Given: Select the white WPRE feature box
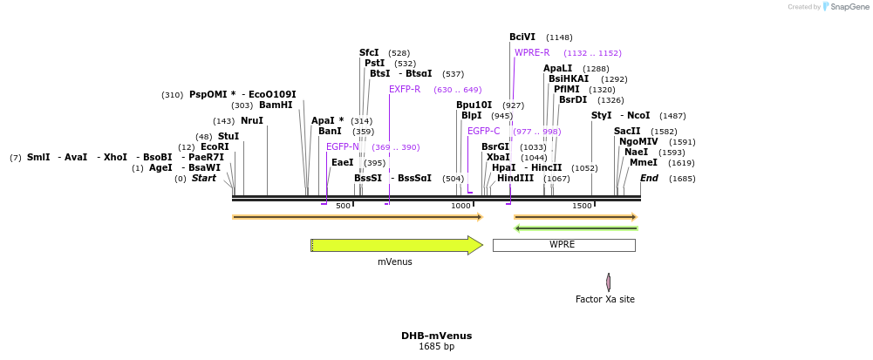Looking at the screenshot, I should coord(563,245).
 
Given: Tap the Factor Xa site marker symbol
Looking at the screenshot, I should coord(609,282).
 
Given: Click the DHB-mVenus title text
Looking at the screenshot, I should coord(436,336).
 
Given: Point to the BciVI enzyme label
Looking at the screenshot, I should coord(522,37).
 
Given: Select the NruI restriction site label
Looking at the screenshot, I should coord(252,121).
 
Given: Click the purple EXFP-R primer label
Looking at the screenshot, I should coord(405,89).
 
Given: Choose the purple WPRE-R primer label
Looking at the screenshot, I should coord(532,53).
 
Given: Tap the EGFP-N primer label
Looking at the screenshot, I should coord(343,146).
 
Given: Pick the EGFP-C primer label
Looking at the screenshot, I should coord(484,131).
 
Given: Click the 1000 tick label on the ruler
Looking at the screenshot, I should coord(460,206).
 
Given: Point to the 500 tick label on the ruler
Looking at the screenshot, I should coord(343,206).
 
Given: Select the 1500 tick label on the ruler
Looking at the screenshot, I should coord(581,206).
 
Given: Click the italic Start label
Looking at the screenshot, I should coord(203,179).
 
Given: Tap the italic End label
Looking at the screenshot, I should coord(649,179).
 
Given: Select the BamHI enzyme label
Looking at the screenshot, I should coord(276,105).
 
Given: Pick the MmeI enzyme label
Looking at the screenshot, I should coord(644,162).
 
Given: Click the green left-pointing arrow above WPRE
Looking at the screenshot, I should coord(576,228).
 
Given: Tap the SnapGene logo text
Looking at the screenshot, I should coord(845,7).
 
